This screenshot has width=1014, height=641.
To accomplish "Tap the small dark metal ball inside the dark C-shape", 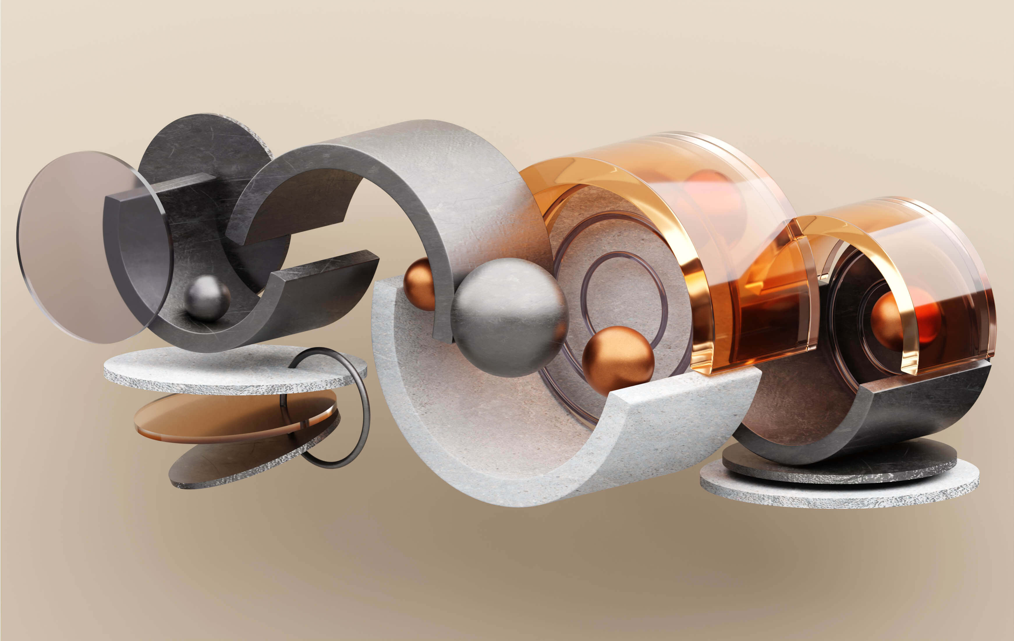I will (x=207, y=298).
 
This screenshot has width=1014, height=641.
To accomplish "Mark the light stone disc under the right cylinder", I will (x=838, y=491).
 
